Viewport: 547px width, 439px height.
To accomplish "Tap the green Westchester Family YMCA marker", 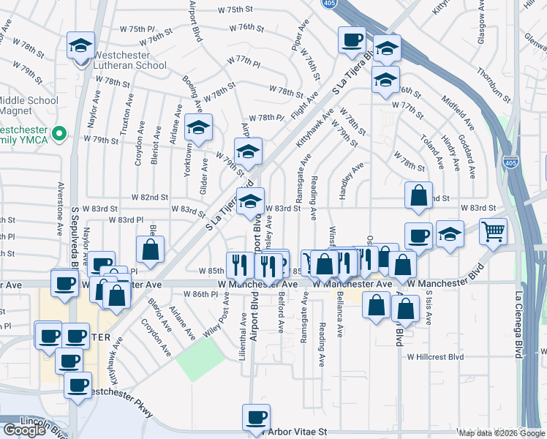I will coord(62,134).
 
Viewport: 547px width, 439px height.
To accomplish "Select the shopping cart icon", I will coord(494,230).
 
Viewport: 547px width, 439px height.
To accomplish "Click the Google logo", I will coord(24,430).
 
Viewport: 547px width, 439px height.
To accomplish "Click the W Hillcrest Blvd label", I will coord(435,357).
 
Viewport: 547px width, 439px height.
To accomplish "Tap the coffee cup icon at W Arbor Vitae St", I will coord(256,417).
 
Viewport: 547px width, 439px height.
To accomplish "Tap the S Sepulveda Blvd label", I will coord(75,234).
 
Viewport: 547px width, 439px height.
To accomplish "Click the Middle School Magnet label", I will coord(29,105).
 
